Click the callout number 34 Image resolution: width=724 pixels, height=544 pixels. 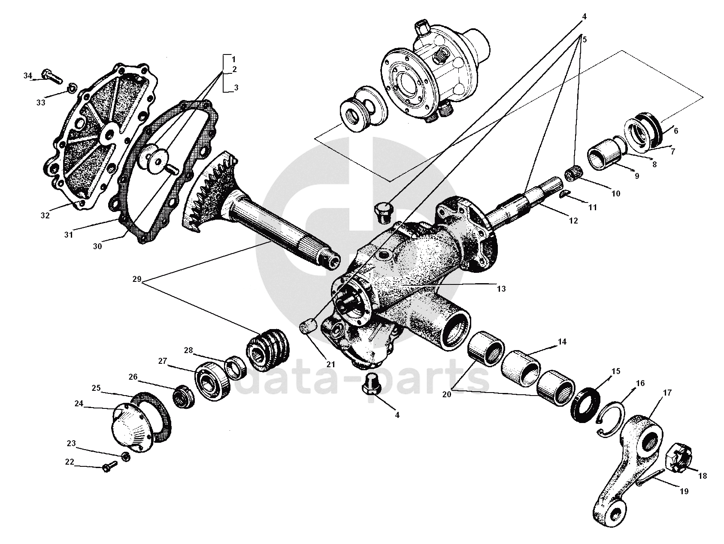click(x=28, y=76)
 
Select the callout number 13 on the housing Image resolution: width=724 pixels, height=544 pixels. click(x=501, y=289)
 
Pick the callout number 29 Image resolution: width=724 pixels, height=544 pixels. click(x=137, y=279)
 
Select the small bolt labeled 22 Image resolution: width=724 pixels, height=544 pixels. click(x=109, y=466)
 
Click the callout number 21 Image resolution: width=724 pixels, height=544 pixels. click(x=330, y=364)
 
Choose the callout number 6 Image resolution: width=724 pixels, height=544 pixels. click(x=676, y=131)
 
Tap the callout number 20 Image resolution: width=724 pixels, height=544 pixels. click(x=447, y=394)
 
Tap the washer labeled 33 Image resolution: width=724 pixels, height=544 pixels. click(x=73, y=89)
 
